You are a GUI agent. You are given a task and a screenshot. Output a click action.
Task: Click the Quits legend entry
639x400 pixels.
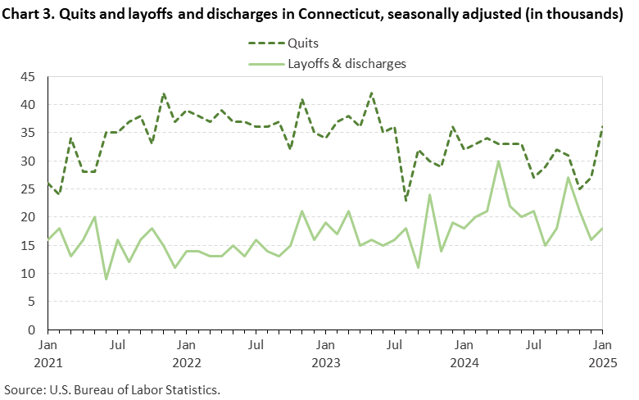(302, 43)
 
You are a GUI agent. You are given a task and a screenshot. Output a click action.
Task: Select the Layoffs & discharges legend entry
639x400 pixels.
(344, 62)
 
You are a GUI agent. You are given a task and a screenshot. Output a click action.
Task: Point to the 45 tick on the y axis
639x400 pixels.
(28, 77)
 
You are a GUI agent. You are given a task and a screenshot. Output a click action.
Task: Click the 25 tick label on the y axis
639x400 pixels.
(28, 189)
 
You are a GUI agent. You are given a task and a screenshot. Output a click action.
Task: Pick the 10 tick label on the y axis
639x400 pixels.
(28, 274)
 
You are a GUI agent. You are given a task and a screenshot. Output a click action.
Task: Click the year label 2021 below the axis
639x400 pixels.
(48, 361)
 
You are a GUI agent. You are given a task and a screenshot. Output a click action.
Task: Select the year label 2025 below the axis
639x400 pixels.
(602, 361)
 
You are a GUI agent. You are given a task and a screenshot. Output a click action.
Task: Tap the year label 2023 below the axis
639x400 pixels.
(325, 361)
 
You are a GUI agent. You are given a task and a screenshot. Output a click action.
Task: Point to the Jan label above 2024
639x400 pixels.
(464, 345)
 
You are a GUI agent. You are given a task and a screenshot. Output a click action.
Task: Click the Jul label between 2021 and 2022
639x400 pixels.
(117, 345)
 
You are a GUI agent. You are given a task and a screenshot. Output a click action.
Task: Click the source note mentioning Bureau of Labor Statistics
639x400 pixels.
(112, 388)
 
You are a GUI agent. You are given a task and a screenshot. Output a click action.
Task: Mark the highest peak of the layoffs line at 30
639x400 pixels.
(498, 161)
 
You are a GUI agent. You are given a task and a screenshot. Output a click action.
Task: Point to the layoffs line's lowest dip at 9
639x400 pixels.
(106, 279)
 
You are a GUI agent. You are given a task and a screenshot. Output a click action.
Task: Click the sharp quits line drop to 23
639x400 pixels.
(406, 200)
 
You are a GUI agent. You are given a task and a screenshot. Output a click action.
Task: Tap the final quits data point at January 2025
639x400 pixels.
(602, 128)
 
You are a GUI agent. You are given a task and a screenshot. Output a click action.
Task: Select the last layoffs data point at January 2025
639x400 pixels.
(602, 229)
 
